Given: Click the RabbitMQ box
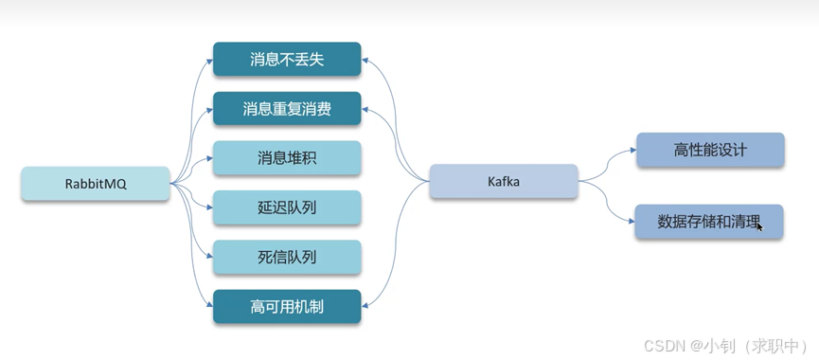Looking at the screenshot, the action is click(x=96, y=184).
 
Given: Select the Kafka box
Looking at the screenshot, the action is click(x=504, y=181).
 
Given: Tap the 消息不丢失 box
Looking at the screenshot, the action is click(x=287, y=59).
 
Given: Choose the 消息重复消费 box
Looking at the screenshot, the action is click(x=287, y=108).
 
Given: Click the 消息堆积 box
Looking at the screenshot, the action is click(x=287, y=157).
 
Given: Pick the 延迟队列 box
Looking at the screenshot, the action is click(x=287, y=207).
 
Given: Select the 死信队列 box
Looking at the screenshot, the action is click(x=287, y=256).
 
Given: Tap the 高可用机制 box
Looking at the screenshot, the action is click(x=287, y=306).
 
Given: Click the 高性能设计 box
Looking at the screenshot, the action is click(x=710, y=150).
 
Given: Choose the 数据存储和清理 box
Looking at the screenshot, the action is click(x=710, y=221).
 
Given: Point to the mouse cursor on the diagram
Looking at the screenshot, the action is click(x=759, y=226).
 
